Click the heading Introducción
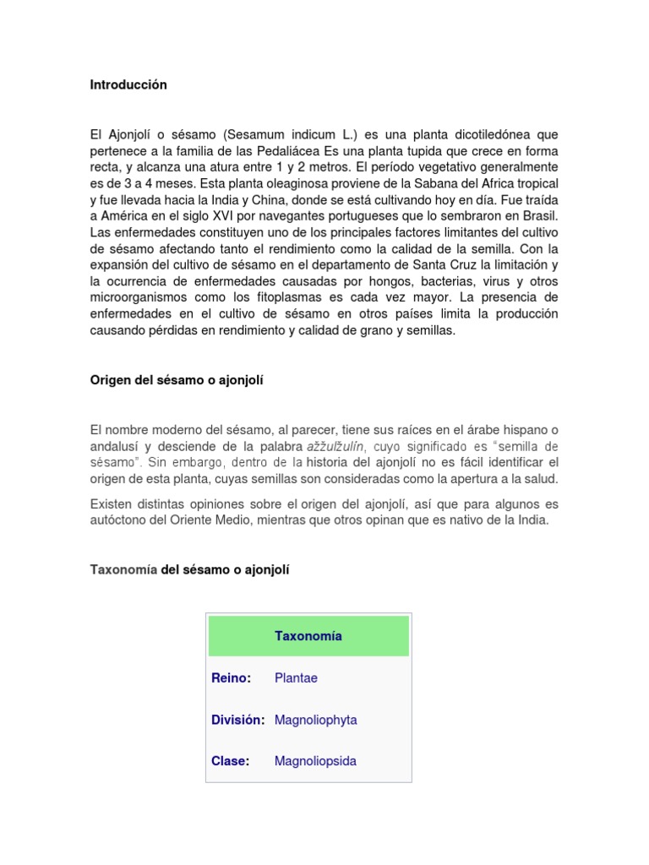[x=128, y=85]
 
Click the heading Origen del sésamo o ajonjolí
[x=177, y=380]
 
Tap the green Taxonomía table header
[x=308, y=636]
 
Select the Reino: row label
[x=232, y=678]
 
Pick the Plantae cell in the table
[x=296, y=678]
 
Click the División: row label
[x=238, y=720]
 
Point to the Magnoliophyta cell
[x=315, y=720]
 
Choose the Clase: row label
[x=231, y=761]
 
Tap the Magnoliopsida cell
[x=315, y=761]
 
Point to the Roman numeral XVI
[x=227, y=216]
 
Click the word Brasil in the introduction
[x=539, y=216]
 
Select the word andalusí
[x=116, y=446]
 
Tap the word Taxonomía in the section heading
[x=123, y=570]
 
